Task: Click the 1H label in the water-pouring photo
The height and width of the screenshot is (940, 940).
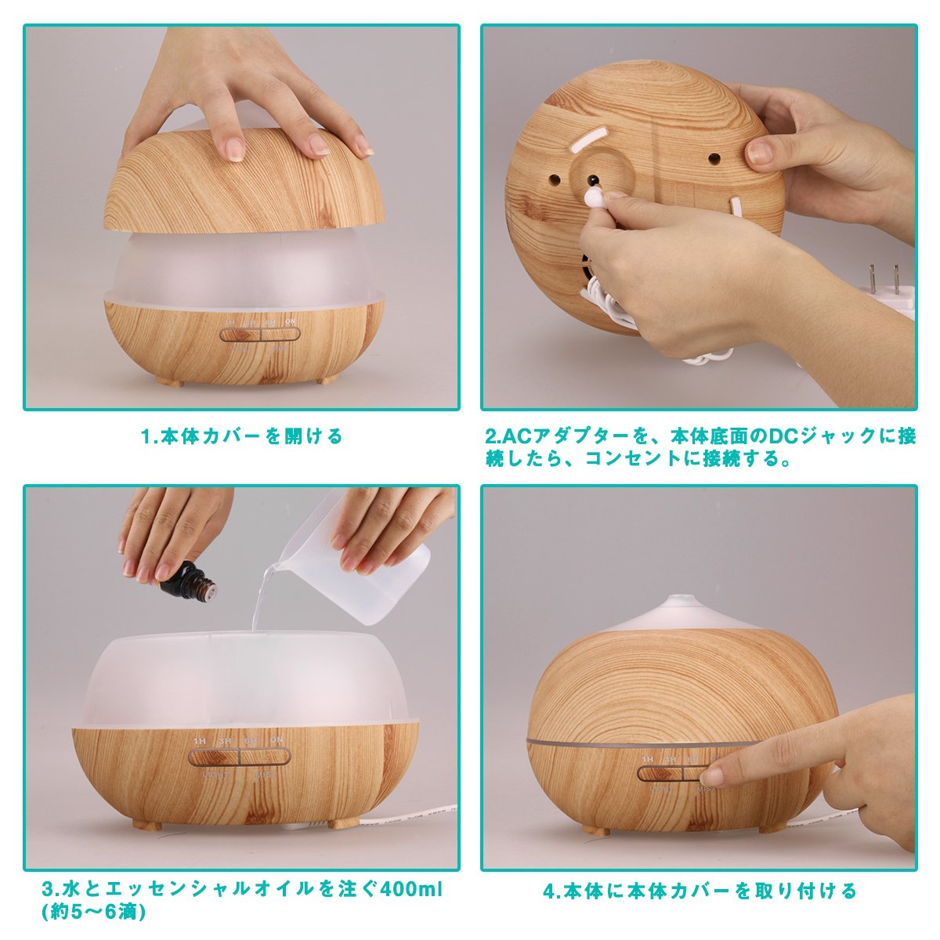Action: [200, 741]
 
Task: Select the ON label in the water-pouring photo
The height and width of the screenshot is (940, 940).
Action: [276, 740]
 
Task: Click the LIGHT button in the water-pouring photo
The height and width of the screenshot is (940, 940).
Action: [214, 757]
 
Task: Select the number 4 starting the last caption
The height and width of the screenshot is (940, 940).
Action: [549, 891]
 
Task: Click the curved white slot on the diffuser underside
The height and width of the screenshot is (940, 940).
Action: [590, 138]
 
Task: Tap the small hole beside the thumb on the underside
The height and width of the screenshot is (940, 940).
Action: [714, 158]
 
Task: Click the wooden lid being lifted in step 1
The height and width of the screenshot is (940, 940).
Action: [244, 179]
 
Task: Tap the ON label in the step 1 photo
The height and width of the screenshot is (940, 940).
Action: [291, 321]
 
